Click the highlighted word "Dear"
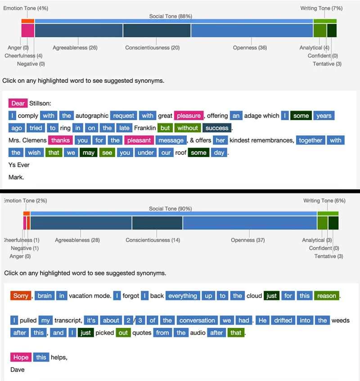pos(18,103)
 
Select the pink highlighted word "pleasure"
pos(189,116)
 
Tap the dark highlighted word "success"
pos(217,128)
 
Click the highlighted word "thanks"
pos(60,140)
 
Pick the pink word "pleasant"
pos(139,140)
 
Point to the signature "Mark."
pos(16,177)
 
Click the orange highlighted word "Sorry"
pos(21,296)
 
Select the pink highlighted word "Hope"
pos(21,357)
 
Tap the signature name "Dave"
pos(17,370)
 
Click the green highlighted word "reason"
pos(326,296)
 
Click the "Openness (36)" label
pos(250,48)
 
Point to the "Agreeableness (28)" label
pos(77,240)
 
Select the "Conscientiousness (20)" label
pos(152,48)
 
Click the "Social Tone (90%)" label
pos(171,209)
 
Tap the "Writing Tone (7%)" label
pos(321,8)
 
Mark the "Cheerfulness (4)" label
pos(23,56)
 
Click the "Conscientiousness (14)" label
pos(153,240)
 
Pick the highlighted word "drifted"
pos(283,320)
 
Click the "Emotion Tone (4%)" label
pos(26,8)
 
